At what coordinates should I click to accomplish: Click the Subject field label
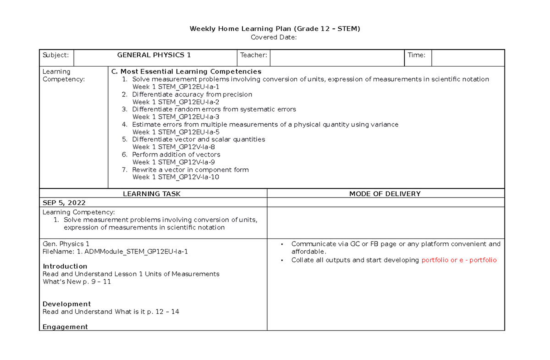coord(55,55)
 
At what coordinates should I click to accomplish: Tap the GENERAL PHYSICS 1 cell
coord(154,55)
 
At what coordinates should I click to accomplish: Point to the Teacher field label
coord(253,55)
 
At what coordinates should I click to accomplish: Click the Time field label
coord(417,55)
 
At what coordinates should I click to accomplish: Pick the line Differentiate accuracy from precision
coord(192,94)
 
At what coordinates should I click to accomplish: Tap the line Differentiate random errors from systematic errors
coord(214,109)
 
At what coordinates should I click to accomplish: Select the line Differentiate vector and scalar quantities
coord(198,139)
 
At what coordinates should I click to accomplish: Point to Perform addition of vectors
coord(176,155)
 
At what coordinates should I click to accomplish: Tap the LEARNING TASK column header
coord(152,194)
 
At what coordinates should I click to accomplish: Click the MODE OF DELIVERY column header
coord(385,194)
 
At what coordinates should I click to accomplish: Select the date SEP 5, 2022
coord(64,203)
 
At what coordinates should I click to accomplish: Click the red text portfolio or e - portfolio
coord(459,260)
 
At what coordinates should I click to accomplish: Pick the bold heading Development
coord(66,304)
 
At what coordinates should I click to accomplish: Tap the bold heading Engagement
coord(65,327)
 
